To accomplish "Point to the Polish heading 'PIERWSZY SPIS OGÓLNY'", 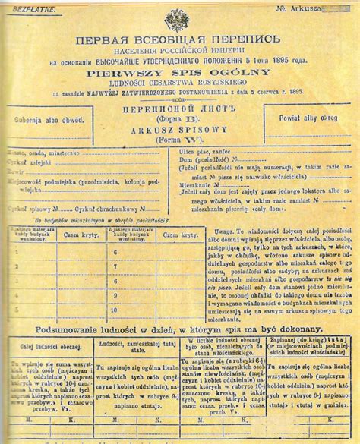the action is (179, 72).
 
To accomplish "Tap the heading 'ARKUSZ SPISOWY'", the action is (179, 128).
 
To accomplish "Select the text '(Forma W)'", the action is (179, 140).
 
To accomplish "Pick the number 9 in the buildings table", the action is (115, 294).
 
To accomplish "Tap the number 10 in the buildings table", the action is (115, 309).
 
